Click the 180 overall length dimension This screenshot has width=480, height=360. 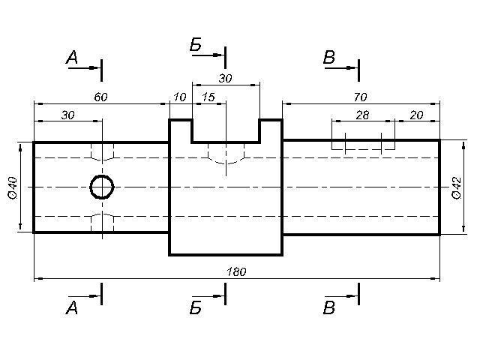tap(236, 271)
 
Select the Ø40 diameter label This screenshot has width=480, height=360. tap(13, 188)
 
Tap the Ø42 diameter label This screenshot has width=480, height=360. tap(457, 188)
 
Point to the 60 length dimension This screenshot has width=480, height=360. tap(101, 97)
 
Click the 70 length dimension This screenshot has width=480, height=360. tap(360, 97)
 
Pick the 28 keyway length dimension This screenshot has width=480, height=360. tap(362, 115)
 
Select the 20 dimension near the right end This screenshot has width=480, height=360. tap(417, 115)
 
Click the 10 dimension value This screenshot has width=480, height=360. tap(180, 97)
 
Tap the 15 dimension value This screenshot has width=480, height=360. tap(208, 97)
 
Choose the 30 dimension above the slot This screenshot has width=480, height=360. tap(225, 78)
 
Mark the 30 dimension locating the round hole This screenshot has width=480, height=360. tap(68, 115)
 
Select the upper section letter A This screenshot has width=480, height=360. tap(72, 57)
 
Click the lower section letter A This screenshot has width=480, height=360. tap(72, 307)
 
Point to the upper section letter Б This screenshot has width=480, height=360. tap(196, 45)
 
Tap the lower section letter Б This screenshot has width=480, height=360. tap(196, 307)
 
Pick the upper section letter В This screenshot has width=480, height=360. tap(329, 57)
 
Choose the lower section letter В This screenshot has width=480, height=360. tap(329, 307)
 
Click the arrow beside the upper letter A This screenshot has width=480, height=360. tap(84, 68)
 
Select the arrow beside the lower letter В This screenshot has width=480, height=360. tap(341, 296)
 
